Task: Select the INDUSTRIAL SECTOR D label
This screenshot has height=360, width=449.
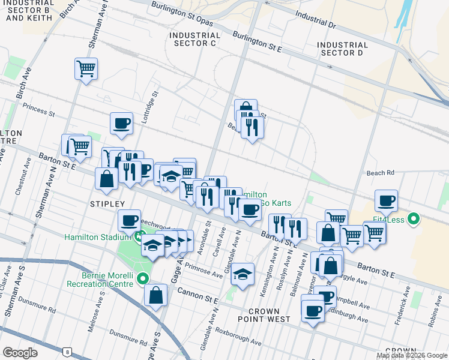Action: pos(342,49)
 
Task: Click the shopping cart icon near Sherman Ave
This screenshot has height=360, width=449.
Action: pos(86,69)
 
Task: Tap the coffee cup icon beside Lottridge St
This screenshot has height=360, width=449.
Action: pos(121,123)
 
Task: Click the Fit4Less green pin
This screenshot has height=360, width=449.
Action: pos(413,220)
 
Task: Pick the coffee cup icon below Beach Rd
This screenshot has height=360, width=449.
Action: pos(386,200)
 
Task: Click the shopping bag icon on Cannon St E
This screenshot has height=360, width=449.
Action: pos(155,295)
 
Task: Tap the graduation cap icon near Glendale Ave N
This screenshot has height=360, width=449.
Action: pos(242,274)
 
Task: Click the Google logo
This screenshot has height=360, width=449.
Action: pos(20,353)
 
